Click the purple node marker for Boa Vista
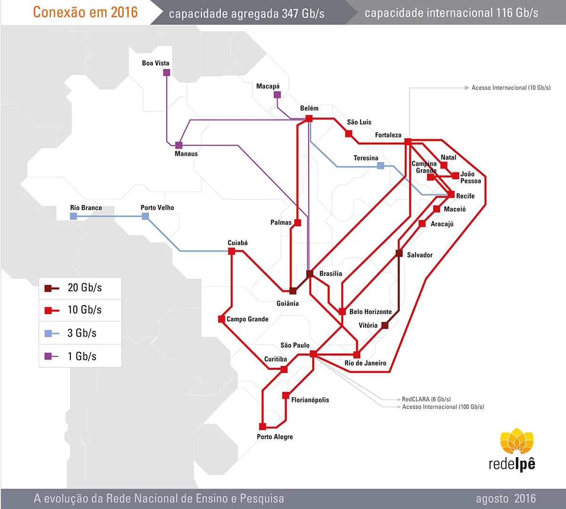(x=166, y=73)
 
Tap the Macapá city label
(x=268, y=86)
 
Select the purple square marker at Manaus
(x=179, y=145)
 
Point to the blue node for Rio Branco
(x=74, y=216)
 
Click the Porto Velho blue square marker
(x=145, y=216)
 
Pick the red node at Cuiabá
(x=232, y=251)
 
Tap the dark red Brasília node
(x=310, y=273)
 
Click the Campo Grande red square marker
(x=222, y=319)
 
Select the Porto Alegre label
(x=275, y=437)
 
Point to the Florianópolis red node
(x=286, y=395)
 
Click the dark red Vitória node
(x=385, y=325)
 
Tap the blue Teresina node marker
(x=381, y=166)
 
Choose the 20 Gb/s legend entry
(x=80, y=288)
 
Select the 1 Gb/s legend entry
(x=80, y=356)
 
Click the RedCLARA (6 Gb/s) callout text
(x=426, y=399)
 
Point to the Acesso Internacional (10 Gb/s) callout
(x=511, y=88)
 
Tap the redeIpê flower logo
(x=517, y=441)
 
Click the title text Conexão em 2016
(x=85, y=12)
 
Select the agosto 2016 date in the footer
(x=506, y=499)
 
